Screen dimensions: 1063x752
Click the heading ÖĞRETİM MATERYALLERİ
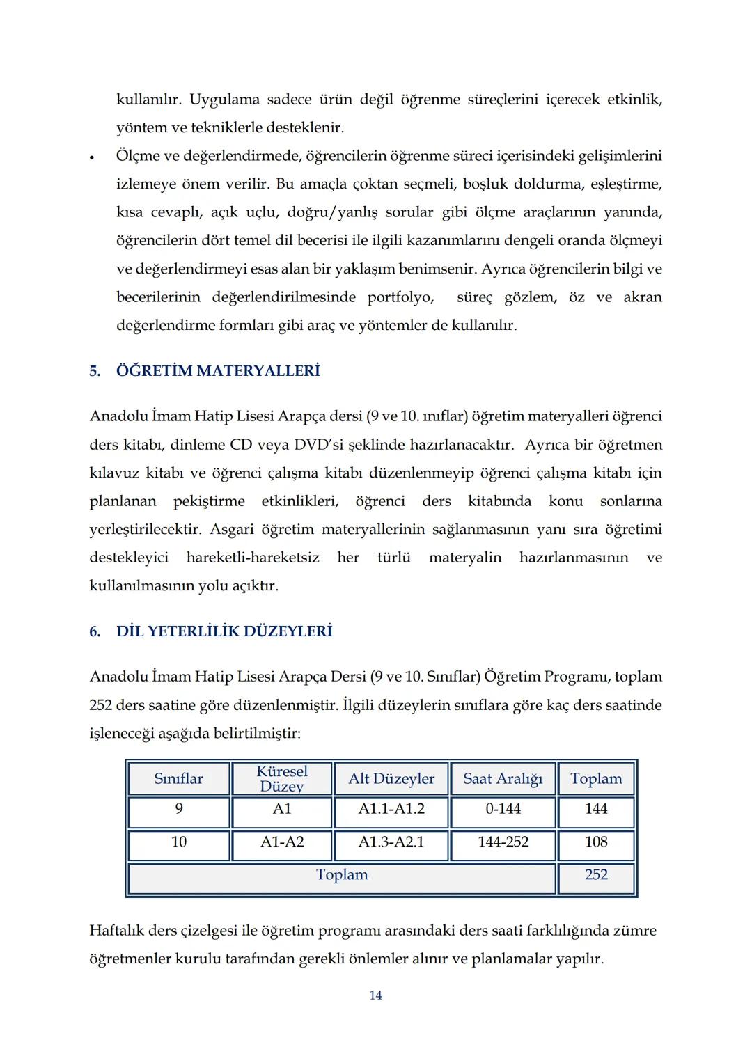(x=217, y=371)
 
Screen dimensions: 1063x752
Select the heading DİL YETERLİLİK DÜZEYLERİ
(x=224, y=631)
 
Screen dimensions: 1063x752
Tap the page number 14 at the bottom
(x=375, y=995)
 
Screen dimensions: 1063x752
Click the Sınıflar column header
(x=179, y=779)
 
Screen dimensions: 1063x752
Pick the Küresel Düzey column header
(x=282, y=779)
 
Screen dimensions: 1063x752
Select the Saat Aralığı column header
(x=503, y=779)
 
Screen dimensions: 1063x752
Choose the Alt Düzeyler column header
(x=391, y=779)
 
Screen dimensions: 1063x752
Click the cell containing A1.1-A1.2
(x=391, y=809)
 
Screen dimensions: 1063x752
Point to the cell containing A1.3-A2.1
(x=391, y=842)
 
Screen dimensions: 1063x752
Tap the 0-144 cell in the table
(x=503, y=809)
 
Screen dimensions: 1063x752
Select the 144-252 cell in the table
(x=503, y=842)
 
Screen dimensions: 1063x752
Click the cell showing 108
(x=596, y=842)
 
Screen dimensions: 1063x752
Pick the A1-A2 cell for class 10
(x=282, y=842)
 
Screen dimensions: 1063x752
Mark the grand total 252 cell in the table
(x=596, y=875)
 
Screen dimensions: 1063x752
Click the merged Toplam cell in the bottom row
(x=342, y=875)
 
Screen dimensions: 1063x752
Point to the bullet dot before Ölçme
(x=91, y=157)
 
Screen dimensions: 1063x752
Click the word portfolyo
(x=400, y=297)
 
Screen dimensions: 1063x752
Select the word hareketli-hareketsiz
(x=253, y=558)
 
